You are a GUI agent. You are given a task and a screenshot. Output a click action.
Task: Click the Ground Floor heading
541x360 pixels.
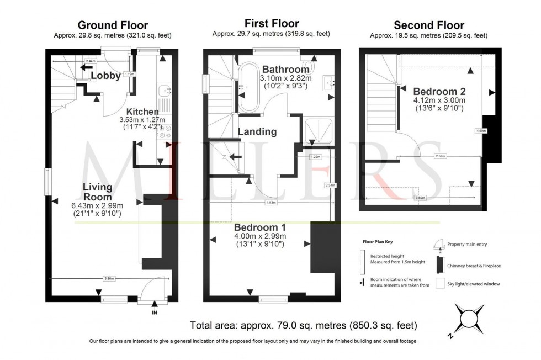pyautogui.click(x=113, y=25)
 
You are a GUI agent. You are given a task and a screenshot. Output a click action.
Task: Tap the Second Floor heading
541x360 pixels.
pyautogui.click(x=428, y=25)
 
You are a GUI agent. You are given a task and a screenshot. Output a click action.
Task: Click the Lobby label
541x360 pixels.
pyautogui.click(x=105, y=76)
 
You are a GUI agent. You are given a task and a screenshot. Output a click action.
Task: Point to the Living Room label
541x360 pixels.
pyautogui.click(x=98, y=192)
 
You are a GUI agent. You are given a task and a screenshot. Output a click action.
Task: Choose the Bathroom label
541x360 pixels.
pyautogui.click(x=285, y=70)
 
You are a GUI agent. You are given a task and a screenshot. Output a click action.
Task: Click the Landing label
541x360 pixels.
pyautogui.click(x=257, y=131)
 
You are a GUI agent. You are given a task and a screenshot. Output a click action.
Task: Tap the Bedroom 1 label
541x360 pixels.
pyautogui.click(x=259, y=227)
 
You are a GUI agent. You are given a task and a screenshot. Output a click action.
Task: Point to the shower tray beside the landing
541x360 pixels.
pyautogui.click(x=317, y=130)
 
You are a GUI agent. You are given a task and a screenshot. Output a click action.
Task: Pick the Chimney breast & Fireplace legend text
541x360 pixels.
pyautogui.click(x=474, y=266)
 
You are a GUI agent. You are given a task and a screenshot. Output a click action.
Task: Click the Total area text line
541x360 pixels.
pyautogui.click(x=303, y=325)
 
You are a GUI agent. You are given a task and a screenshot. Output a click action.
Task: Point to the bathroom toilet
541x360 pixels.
pyautogui.click(x=307, y=65)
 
